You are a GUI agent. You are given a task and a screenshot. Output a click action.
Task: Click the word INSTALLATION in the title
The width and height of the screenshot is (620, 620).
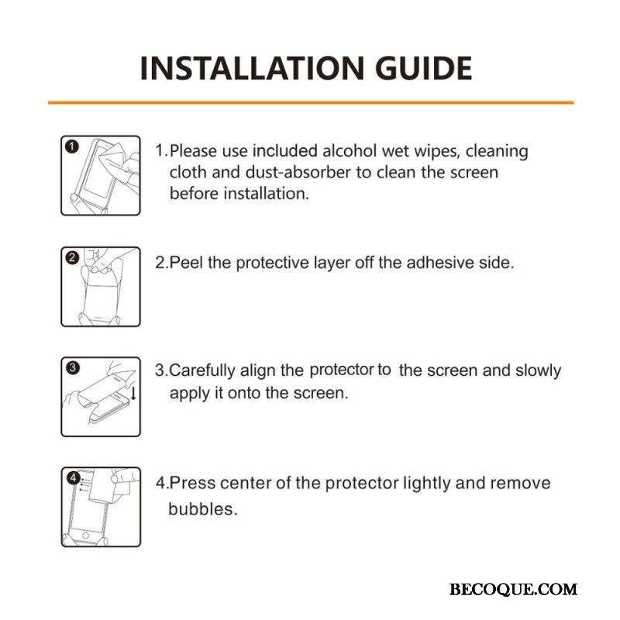point(251,68)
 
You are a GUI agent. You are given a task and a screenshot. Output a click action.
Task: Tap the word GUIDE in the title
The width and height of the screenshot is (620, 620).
point(423,68)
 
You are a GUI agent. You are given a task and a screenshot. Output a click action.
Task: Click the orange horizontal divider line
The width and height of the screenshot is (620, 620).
point(311,103)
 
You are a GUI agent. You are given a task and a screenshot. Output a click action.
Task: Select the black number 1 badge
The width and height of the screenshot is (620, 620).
point(72,146)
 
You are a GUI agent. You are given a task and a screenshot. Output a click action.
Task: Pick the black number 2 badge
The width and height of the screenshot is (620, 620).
point(72,258)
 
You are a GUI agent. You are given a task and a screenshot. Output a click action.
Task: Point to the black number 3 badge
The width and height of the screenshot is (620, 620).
point(73,367)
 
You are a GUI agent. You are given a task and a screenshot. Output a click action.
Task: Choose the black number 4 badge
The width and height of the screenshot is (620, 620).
point(73,478)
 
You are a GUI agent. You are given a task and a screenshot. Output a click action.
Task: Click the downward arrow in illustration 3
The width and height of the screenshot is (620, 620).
point(133,393)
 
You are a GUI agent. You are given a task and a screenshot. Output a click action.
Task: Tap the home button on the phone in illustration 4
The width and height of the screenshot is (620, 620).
point(85,536)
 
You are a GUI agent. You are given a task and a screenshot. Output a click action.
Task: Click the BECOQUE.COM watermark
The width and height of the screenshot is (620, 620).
point(513,590)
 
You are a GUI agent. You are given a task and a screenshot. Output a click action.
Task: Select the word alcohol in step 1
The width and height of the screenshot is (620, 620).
point(350,151)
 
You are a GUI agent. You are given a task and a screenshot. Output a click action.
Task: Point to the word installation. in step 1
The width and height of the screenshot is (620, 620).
point(266,194)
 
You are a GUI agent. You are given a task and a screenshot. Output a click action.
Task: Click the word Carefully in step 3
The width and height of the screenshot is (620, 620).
point(202,370)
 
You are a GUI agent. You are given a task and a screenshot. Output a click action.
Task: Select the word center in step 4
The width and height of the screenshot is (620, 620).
point(245,483)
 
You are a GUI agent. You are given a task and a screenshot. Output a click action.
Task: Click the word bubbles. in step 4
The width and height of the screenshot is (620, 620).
point(203,509)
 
